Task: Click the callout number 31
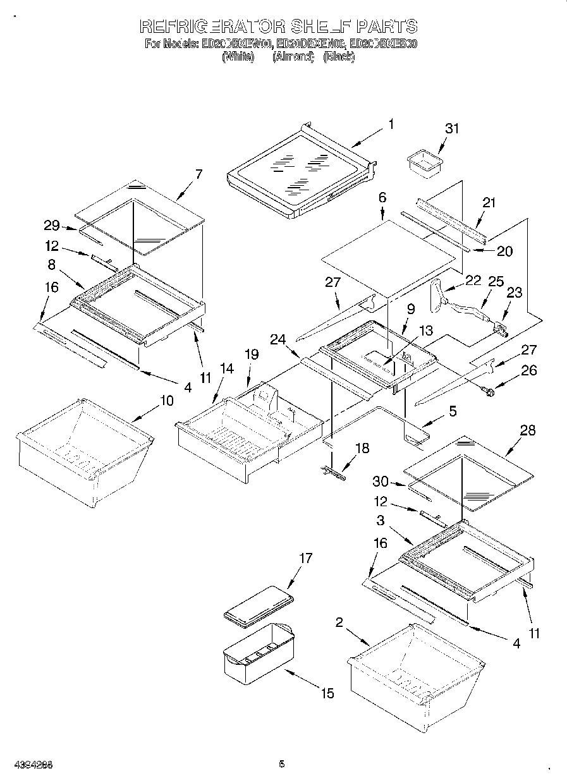452,128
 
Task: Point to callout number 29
52,226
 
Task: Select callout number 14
226,368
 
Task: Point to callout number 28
527,430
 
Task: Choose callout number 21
489,203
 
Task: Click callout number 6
382,198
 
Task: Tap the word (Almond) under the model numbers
293,56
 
